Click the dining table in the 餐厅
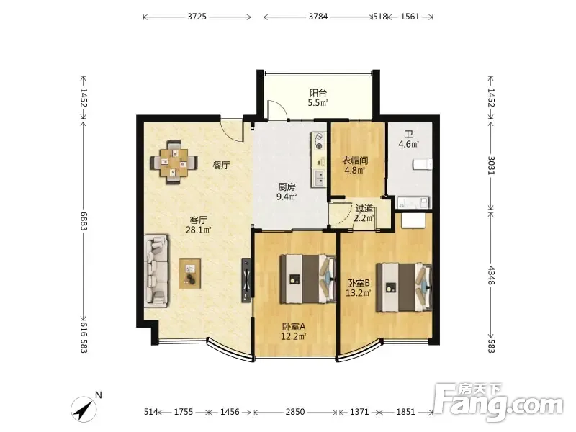[174, 163]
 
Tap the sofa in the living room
[157, 271]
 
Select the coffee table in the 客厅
[189, 274]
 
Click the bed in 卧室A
[308, 279]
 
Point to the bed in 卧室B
[404, 287]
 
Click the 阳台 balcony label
[318, 93]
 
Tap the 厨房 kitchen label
[287, 187]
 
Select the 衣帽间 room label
[355, 161]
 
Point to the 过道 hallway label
[364, 208]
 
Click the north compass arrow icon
[84, 409]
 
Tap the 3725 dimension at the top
[197, 17]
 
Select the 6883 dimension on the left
[84, 221]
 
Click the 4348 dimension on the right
[491, 275]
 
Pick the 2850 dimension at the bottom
[295, 412]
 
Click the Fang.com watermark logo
[499, 402]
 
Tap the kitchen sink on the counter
[318, 179]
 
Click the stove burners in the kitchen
[318, 141]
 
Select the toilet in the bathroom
[422, 164]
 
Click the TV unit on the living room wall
[246, 281]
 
